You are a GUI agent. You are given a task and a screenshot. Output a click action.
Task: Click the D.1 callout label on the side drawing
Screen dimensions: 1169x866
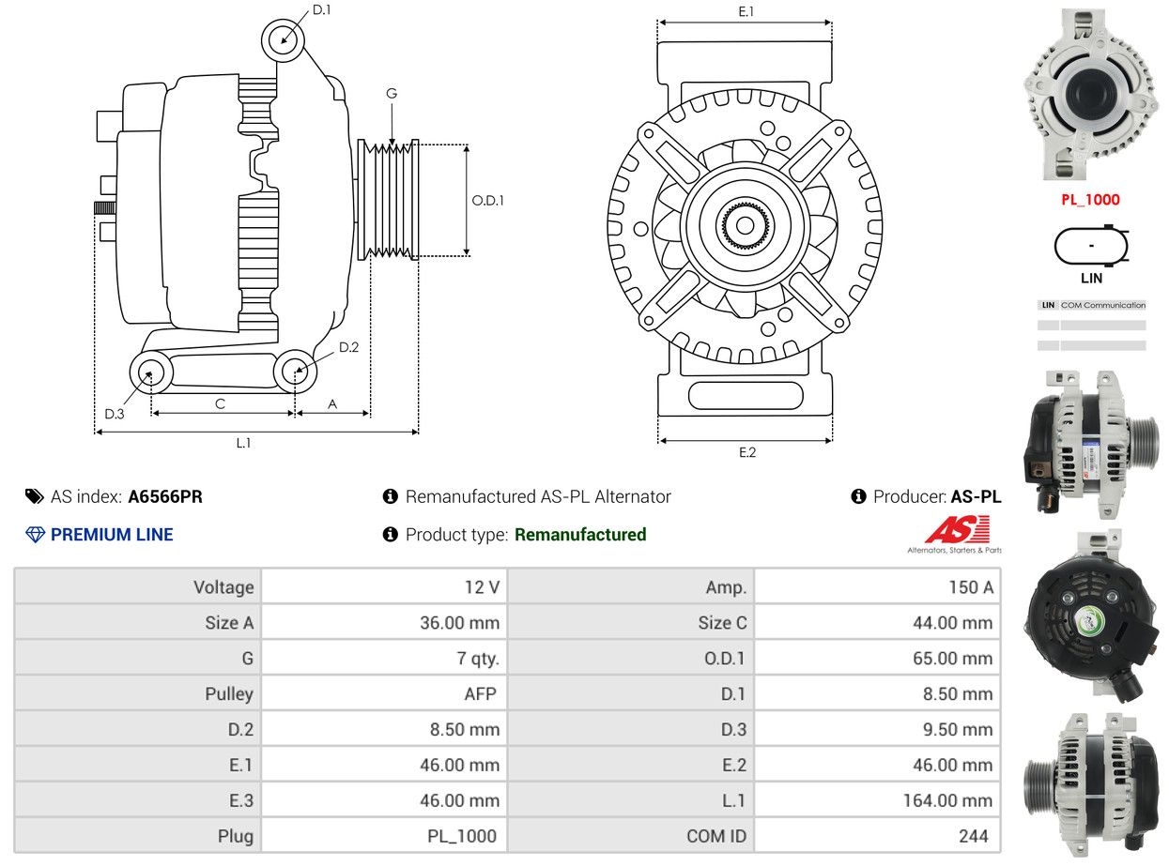[321, 9]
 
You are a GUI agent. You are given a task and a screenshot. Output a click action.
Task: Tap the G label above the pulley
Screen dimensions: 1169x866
[391, 93]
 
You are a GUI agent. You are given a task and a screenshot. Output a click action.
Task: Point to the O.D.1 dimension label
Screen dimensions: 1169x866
[487, 200]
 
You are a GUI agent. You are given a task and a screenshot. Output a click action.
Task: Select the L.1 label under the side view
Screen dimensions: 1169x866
[243, 443]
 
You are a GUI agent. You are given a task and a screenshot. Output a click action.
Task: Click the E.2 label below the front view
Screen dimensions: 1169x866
[746, 452]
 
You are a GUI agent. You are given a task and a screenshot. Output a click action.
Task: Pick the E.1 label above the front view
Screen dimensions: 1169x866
[746, 11]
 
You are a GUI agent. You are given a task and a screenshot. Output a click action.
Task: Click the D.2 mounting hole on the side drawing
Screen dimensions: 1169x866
[295, 372]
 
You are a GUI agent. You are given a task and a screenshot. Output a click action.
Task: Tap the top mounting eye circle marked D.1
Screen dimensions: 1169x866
[283, 40]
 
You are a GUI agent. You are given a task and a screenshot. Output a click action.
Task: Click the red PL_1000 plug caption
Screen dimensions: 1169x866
[1090, 200]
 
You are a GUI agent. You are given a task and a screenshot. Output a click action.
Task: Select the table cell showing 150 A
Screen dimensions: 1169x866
[971, 586]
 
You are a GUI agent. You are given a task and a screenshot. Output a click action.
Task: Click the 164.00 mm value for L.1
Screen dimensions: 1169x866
[947, 800]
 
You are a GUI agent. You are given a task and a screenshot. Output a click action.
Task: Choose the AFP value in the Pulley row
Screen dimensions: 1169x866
[480, 693]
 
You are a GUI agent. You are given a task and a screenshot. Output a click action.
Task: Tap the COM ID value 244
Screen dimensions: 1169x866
[973, 836]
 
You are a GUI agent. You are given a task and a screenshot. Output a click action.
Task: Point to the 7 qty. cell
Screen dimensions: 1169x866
[478, 659]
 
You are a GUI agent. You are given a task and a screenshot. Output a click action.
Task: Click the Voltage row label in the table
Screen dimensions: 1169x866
[223, 587]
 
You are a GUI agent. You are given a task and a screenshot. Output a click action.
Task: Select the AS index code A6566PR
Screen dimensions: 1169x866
[165, 496]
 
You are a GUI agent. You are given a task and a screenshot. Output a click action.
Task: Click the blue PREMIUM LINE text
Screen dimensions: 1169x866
[112, 535]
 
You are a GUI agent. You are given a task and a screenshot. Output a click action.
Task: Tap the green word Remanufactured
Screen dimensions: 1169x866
[579, 535]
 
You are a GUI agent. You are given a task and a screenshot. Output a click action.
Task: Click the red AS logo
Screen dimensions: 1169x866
[957, 529]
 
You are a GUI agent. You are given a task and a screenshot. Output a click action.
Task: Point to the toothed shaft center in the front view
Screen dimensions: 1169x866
[745, 226]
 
